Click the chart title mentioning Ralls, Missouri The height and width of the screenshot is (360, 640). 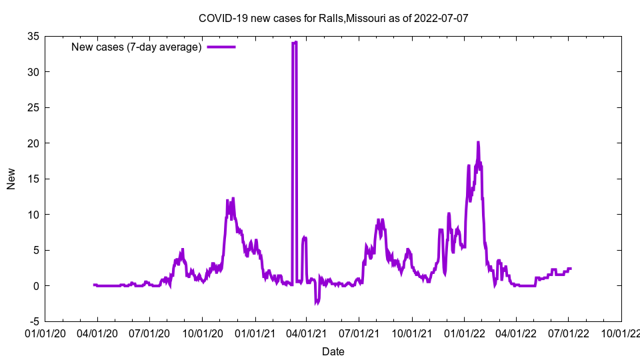333,18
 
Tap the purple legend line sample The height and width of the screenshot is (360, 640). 221,47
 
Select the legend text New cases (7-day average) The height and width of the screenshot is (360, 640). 137,47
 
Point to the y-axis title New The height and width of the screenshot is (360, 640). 11,179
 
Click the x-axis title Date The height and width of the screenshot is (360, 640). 333,351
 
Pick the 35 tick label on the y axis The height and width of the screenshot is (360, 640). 31,36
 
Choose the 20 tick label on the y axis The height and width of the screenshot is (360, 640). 31,143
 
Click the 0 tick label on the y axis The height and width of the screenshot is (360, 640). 35,286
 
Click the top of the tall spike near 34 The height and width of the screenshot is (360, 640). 294,43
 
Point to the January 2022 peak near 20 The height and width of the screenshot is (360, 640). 478,142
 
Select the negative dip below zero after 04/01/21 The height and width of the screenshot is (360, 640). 317,303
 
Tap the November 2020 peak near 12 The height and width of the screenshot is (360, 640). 233,199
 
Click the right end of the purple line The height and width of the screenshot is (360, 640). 571,269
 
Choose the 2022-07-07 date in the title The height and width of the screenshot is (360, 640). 441,18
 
